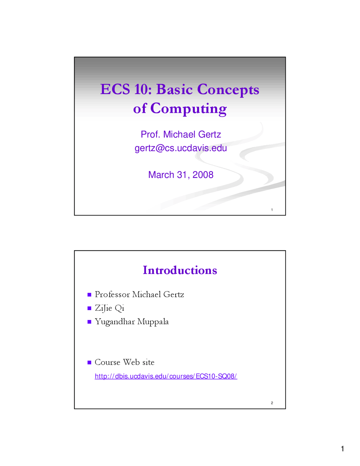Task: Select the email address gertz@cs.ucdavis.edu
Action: pos(181,148)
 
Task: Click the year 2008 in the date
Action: pos(203,175)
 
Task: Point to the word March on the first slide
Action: pos(161,175)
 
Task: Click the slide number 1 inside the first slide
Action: pos(272,210)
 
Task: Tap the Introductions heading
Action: pos(180,270)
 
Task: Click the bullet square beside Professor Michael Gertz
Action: pos(89,295)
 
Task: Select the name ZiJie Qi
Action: pos(109,308)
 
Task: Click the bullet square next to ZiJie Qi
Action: pos(89,308)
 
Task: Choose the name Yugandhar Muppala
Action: pos(132,322)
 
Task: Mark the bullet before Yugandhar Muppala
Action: pos(89,322)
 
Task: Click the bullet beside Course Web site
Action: pos(89,363)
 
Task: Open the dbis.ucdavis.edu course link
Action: pos(166,376)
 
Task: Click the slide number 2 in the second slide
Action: pos(272,403)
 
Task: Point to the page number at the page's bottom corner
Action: pos(343,449)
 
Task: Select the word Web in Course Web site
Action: pos(132,362)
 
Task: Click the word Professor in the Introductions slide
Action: pos(112,295)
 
